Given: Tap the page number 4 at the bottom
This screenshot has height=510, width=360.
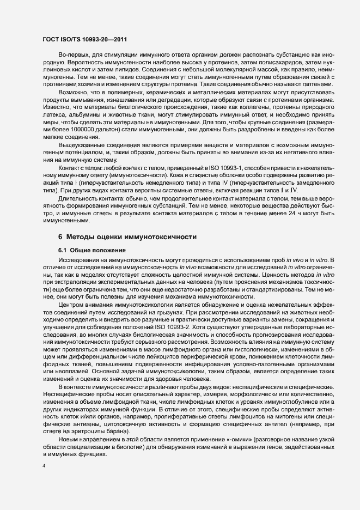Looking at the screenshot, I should point(44,466).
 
